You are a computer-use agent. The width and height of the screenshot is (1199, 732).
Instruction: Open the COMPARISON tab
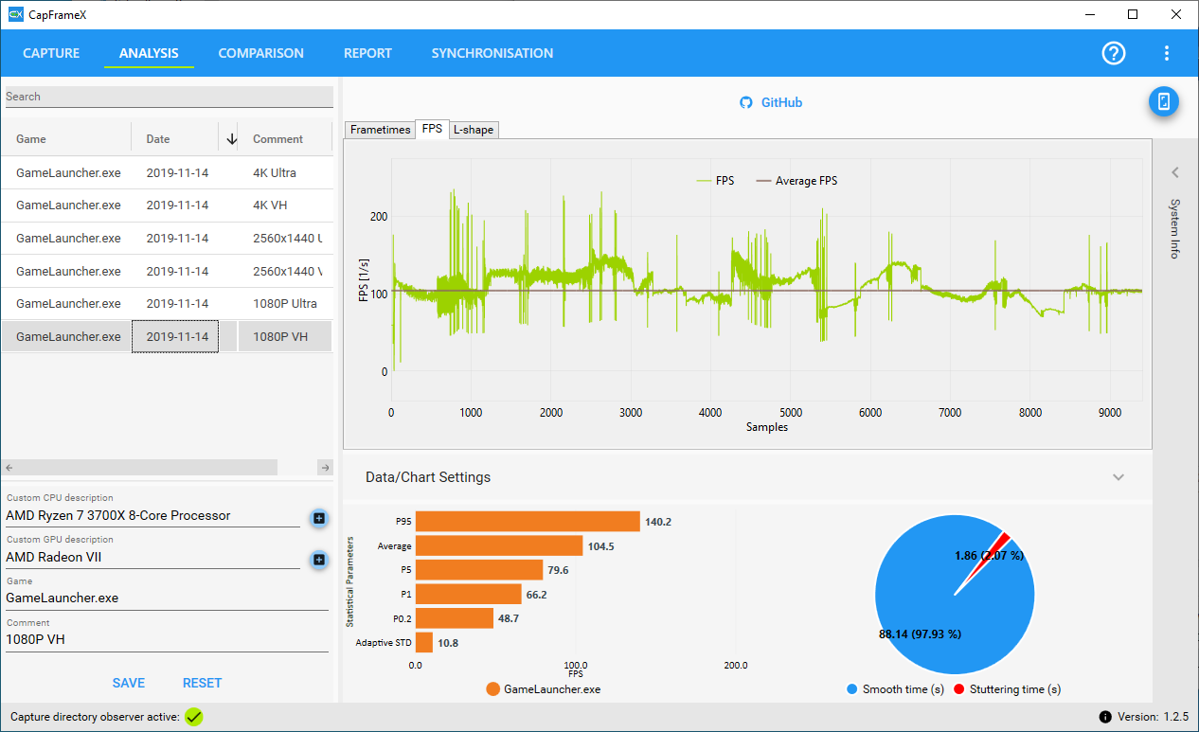coord(260,53)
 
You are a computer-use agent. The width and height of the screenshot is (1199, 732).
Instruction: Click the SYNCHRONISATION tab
coord(492,53)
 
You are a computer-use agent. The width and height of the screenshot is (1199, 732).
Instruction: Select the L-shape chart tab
coord(474,130)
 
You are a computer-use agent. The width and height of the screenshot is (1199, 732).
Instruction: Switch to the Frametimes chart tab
coord(380,130)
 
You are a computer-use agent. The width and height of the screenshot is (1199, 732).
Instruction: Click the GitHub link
coord(771,102)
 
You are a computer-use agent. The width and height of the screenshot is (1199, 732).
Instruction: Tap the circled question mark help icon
coord(1114,53)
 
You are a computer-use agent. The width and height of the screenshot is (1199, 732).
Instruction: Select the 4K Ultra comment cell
coord(274,173)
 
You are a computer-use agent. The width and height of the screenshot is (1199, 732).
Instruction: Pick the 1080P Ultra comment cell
coord(285,303)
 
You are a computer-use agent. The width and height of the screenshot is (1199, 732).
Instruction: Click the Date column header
coord(158,138)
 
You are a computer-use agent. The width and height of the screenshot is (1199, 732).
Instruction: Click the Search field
coord(170,97)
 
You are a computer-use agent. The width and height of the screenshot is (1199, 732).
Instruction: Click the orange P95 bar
coord(528,521)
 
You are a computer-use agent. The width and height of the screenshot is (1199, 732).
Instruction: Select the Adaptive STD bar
coord(424,643)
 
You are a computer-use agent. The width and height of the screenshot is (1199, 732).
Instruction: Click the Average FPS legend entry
coord(796,181)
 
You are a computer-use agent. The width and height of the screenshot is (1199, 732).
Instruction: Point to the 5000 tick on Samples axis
coord(791,413)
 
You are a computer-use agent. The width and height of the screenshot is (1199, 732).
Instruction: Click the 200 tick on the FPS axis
coord(379,217)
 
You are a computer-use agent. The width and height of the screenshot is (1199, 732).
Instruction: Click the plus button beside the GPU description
coord(319,560)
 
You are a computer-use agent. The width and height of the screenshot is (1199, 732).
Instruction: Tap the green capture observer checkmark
coord(194,717)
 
